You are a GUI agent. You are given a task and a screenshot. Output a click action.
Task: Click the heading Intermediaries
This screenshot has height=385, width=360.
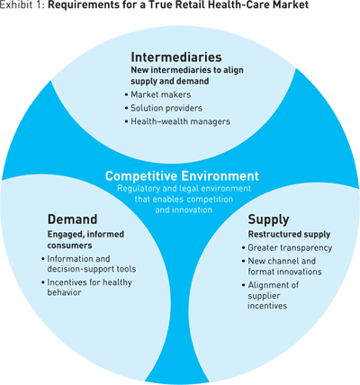click(176, 57)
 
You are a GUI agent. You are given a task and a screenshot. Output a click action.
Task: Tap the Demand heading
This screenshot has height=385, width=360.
click(72, 219)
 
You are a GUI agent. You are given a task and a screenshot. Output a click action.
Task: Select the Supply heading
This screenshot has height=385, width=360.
click(268, 220)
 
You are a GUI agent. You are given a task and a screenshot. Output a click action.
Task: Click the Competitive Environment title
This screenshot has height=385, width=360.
click(182, 175)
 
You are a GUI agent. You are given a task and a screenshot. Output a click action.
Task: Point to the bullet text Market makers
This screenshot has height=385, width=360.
click(161, 94)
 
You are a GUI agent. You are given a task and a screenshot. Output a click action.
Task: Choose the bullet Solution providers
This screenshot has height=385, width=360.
click(166, 108)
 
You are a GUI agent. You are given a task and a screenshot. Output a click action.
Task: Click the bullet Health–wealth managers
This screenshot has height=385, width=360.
click(180, 121)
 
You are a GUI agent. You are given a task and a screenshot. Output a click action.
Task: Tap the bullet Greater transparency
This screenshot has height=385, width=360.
click(290, 248)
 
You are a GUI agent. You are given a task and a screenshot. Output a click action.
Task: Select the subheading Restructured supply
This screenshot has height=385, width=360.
click(289, 235)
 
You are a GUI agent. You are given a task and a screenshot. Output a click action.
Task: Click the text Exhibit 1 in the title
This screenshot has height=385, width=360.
click(22, 5)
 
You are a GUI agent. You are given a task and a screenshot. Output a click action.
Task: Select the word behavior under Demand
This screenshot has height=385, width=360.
click(64, 292)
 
